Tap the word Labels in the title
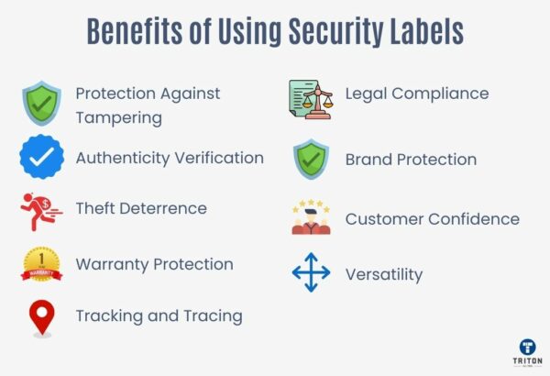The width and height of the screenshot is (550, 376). [x=418, y=32]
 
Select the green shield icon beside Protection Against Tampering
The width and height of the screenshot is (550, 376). [x=41, y=104]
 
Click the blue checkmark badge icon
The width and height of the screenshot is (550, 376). [x=41, y=157]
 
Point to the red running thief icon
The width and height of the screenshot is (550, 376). [x=40, y=210]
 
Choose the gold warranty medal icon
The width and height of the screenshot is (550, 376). [x=40, y=264]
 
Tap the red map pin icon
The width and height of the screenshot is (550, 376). [x=40, y=316]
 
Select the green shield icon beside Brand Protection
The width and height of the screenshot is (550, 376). [x=310, y=159]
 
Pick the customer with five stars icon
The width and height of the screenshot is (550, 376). [x=311, y=217]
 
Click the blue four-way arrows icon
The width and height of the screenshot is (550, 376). [x=311, y=273]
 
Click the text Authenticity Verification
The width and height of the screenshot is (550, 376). [x=170, y=158]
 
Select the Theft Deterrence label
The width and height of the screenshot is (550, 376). [x=141, y=209]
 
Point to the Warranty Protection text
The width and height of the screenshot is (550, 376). [x=154, y=264]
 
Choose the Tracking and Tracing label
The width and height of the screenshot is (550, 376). [x=159, y=316]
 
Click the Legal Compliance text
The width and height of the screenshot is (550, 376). [x=417, y=94]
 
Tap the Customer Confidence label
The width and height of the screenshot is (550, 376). [x=432, y=219]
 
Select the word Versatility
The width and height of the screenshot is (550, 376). [x=383, y=274]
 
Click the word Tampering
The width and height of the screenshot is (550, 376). [x=118, y=117]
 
